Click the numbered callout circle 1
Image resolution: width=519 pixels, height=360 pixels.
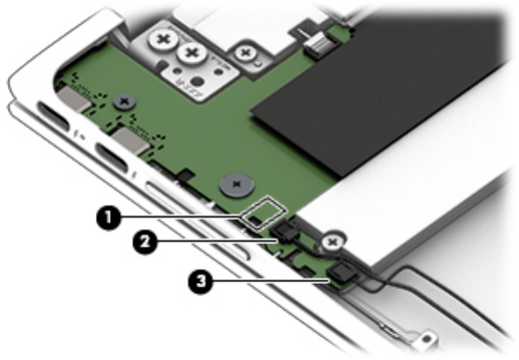(109, 218)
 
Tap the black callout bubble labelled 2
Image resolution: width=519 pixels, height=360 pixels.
(145, 242)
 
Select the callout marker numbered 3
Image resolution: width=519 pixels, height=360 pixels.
(200, 281)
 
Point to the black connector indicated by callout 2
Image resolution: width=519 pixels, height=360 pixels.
(285, 231)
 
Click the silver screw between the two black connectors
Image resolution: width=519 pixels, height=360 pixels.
(332, 243)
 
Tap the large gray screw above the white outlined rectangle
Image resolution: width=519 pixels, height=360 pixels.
(237, 184)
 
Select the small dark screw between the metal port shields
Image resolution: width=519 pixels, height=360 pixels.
(124, 102)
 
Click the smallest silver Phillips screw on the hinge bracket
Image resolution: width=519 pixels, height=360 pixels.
(245, 53)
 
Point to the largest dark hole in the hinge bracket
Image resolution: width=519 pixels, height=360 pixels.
(198, 81)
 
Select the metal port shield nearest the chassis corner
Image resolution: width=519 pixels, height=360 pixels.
(75, 98)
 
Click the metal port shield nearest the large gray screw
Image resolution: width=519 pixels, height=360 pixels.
(131, 140)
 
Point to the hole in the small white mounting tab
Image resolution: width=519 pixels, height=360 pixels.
(429, 338)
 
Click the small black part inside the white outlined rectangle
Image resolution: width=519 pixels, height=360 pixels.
(254, 219)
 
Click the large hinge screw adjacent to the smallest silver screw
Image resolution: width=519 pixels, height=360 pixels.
(192, 53)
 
